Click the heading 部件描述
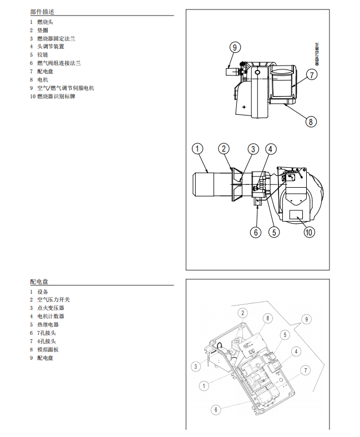tap(42, 12)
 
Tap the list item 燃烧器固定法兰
tap(56, 38)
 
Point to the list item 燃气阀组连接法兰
tap(59, 63)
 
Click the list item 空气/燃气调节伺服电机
tap(65, 88)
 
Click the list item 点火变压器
tap(50, 308)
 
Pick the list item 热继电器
tap(48, 325)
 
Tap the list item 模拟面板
tap(48, 350)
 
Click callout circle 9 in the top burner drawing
tap(235, 47)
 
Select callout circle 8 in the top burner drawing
tap(311, 121)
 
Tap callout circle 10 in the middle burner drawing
tap(309, 233)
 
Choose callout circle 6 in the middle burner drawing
tap(256, 232)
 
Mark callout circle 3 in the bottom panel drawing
tap(196, 366)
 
